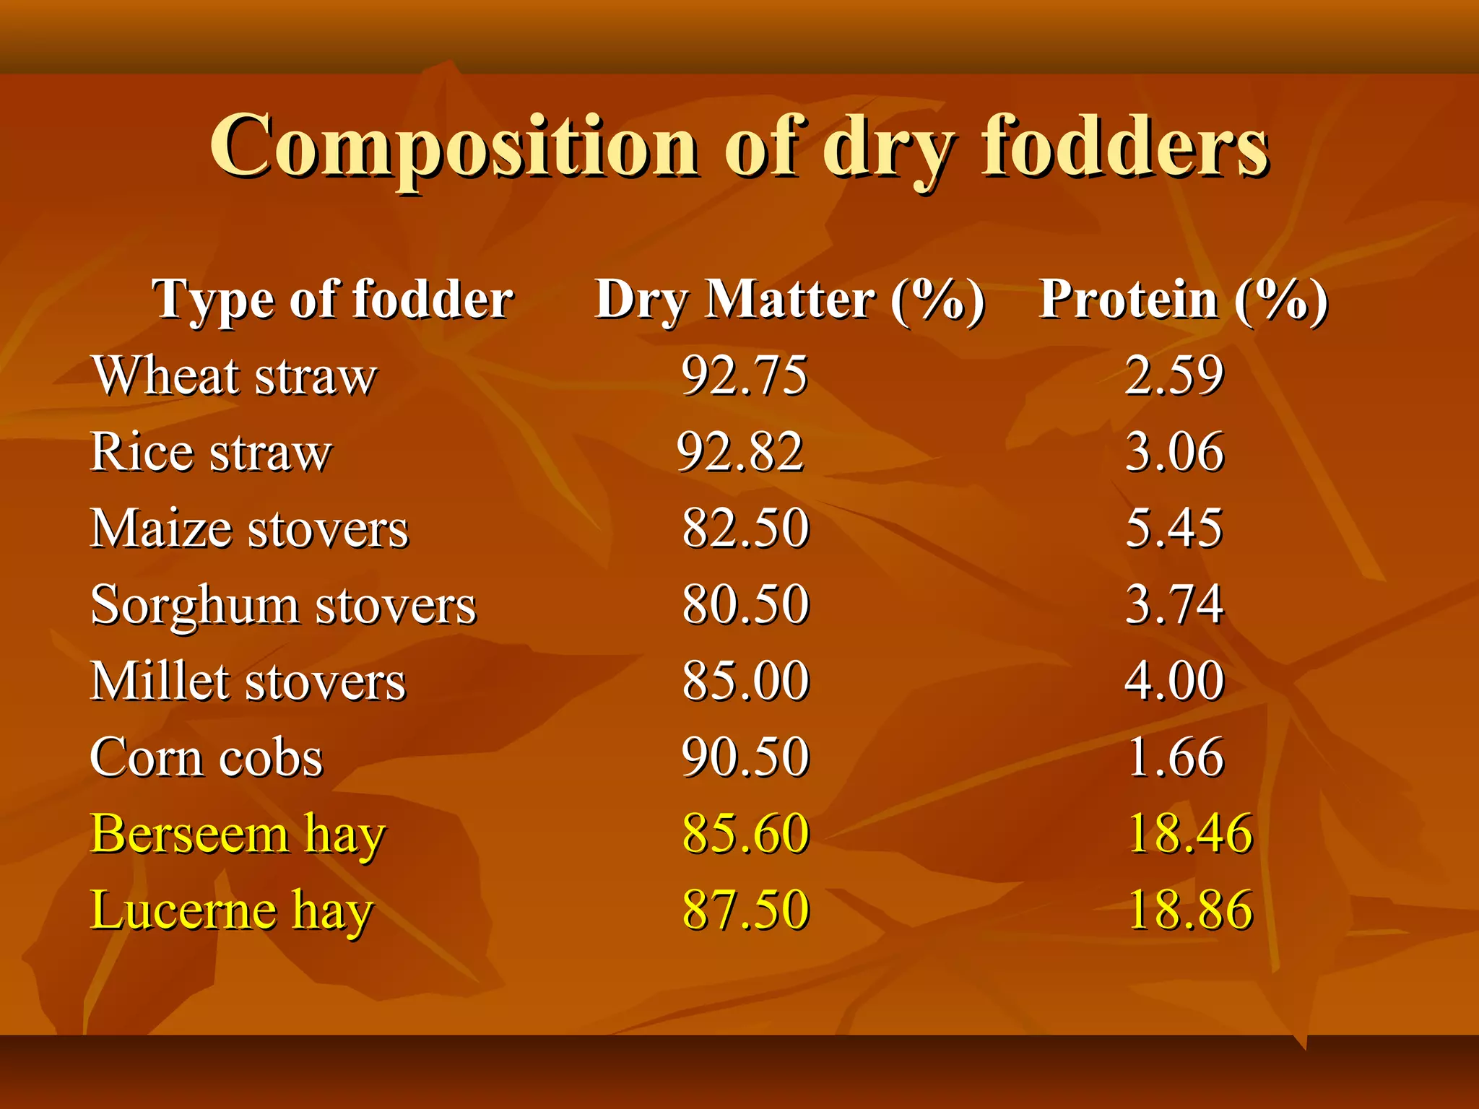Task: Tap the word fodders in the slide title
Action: click(1124, 147)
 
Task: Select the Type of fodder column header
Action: click(332, 299)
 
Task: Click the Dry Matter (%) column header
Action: click(789, 299)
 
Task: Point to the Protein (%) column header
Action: click(1183, 299)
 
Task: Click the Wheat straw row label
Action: click(234, 376)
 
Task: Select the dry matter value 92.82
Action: click(740, 453)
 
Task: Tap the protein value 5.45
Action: click(1174, 529)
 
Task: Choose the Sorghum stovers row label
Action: click(283, 605)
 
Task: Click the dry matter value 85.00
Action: click(745, 682)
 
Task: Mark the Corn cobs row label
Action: click(207, 758)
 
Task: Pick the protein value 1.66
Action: click(1176, 758)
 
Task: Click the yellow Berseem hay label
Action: click(238, 835)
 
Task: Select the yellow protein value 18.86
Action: click(1189, 910)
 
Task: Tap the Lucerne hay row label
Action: click(231, 910)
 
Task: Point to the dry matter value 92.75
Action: click(744, 376)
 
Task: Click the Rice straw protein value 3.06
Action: click(1174, 453)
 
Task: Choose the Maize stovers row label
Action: click(249, 529)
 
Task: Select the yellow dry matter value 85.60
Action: click(745, 835)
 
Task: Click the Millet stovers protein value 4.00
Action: click(1174, 682)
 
